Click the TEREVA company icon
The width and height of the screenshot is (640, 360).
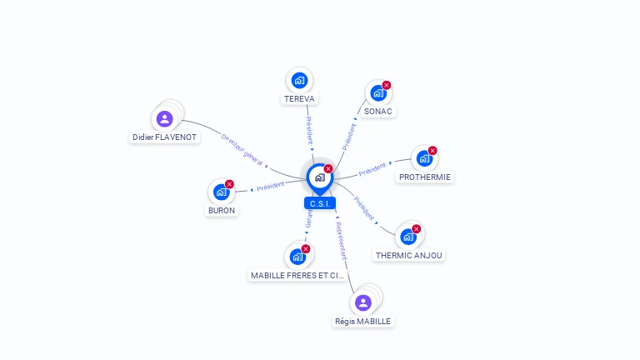[x=299, y=80]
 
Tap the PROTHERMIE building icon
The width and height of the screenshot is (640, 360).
[x=424, y=158]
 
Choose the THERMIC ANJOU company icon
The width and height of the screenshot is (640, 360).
[x=408, y=237]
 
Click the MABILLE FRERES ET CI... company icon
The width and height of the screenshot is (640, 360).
[x=297, y=257]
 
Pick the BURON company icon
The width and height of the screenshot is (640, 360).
[x=221, y=192]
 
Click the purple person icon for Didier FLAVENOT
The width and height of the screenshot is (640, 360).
[x=164, y=118]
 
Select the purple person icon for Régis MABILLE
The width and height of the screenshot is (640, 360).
[x=362, y=302]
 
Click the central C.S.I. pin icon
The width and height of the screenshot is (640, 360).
[x=319, y=177]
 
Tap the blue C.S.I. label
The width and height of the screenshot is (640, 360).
[x=320, y=203]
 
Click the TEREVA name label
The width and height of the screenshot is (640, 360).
[x=299, y=99]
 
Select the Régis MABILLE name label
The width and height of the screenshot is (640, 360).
[x=362, y=322]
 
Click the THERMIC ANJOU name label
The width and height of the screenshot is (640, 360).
[x=409, y=256]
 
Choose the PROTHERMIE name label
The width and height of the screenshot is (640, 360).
[x=425, y=177]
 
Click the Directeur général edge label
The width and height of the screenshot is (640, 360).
[x=242, y=148]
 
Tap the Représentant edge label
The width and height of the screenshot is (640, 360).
[x=341, y=241]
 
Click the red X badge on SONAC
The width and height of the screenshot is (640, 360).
[x=387, y=85]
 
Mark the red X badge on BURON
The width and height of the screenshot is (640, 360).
[x=230, y=183]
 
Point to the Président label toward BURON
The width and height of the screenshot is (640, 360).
[x=271, y=187]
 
